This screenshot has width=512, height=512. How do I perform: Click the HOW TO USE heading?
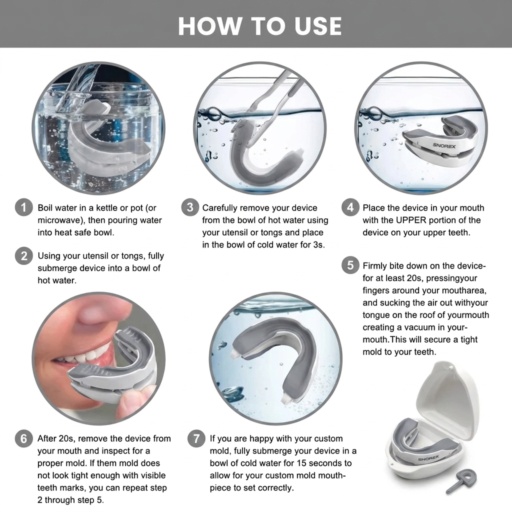[x=260, y=26]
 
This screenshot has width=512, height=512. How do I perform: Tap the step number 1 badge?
[x=24, y=207]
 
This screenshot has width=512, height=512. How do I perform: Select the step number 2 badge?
[x=24, y=255]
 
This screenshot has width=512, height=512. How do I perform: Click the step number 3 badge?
[x=190, y=207]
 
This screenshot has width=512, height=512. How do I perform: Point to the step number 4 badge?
[x=350, y=207]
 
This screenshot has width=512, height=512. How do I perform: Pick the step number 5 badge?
[x=350, y=265]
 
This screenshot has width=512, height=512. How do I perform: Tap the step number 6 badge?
[x=24, y=438]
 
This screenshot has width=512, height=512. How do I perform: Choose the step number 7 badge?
[x=196, y=438]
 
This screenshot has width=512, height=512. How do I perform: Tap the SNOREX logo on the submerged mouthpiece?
[x=444, y=145]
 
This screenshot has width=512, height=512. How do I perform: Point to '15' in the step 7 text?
[x=301, y=463]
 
